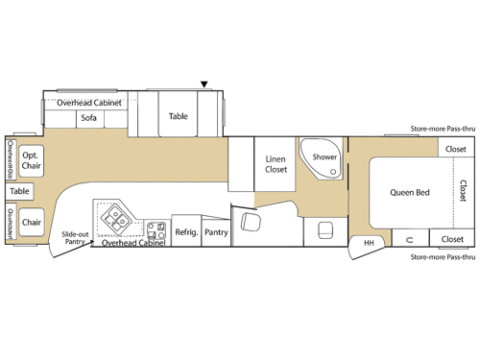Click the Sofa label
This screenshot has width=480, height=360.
pos(89,118)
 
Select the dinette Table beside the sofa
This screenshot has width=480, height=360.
pos(179,116)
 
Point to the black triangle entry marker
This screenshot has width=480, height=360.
pos(204,85)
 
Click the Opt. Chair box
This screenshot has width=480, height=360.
pos(31,159)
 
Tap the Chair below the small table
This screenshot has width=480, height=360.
pos(32,223)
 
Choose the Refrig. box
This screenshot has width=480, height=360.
pos(185,231)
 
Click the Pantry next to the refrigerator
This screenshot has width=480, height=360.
pos(216,231)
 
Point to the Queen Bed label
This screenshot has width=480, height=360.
pos(410,192)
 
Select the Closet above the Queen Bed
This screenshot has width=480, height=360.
pos(455,149)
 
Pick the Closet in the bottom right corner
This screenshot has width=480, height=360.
pos(452,239)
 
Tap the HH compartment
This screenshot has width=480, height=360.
pos(368,242)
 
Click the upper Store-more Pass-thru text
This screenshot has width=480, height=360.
pos(443,128)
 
